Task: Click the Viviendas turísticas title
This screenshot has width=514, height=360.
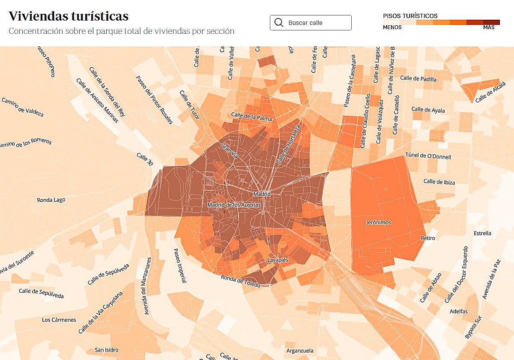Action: coord(69,16)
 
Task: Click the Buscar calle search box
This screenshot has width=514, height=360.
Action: coord(311,23)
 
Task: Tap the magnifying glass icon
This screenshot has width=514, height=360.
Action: coord(279,23)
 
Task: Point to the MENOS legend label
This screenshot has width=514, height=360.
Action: coord(392,27)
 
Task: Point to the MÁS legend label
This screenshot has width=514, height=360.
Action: coord(489,27)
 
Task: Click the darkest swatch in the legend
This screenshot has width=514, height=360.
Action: coord(491,22)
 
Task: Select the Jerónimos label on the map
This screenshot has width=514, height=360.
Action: coord(378,222)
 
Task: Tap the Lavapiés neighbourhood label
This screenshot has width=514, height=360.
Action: coord(278,260)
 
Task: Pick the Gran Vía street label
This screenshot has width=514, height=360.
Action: coord(230,151)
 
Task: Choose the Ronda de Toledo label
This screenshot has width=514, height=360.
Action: coord(241,282)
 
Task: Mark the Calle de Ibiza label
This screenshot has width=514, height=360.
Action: coord(439,182)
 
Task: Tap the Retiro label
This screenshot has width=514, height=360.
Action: coord(428,238)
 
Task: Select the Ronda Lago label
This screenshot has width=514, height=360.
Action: coord(51,200)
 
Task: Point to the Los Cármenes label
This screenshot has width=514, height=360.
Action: coord(59,320)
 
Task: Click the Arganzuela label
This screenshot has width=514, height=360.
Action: coord(300,351)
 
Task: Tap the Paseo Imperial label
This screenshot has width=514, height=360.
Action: coord(180,266)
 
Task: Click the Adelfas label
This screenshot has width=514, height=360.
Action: coord(459,311)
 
